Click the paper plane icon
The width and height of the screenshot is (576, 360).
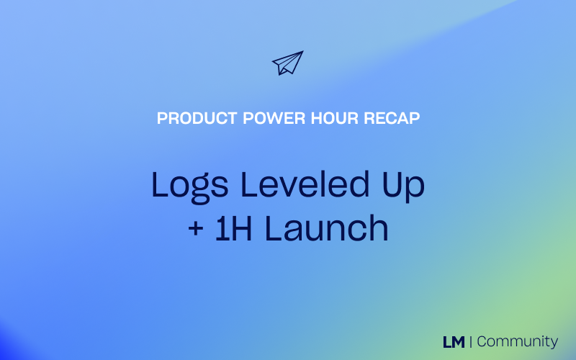tap(287, 63)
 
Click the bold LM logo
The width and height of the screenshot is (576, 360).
tap(454, 341)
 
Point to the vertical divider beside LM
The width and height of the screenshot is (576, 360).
tap(470, 341)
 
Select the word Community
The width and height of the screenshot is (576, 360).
tap(517, 341)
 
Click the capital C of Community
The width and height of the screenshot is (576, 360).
tap(482, 341)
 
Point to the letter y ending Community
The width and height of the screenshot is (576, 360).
tap(553, 343)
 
